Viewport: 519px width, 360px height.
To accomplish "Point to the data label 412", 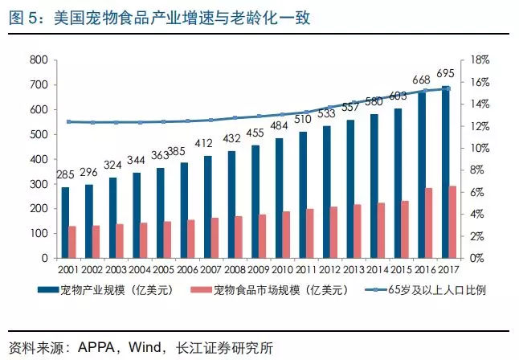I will [x=206, y=144].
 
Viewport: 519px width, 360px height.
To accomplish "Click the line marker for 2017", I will [x=447, y=88].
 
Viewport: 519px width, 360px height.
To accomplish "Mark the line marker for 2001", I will [x=69, y=121].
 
